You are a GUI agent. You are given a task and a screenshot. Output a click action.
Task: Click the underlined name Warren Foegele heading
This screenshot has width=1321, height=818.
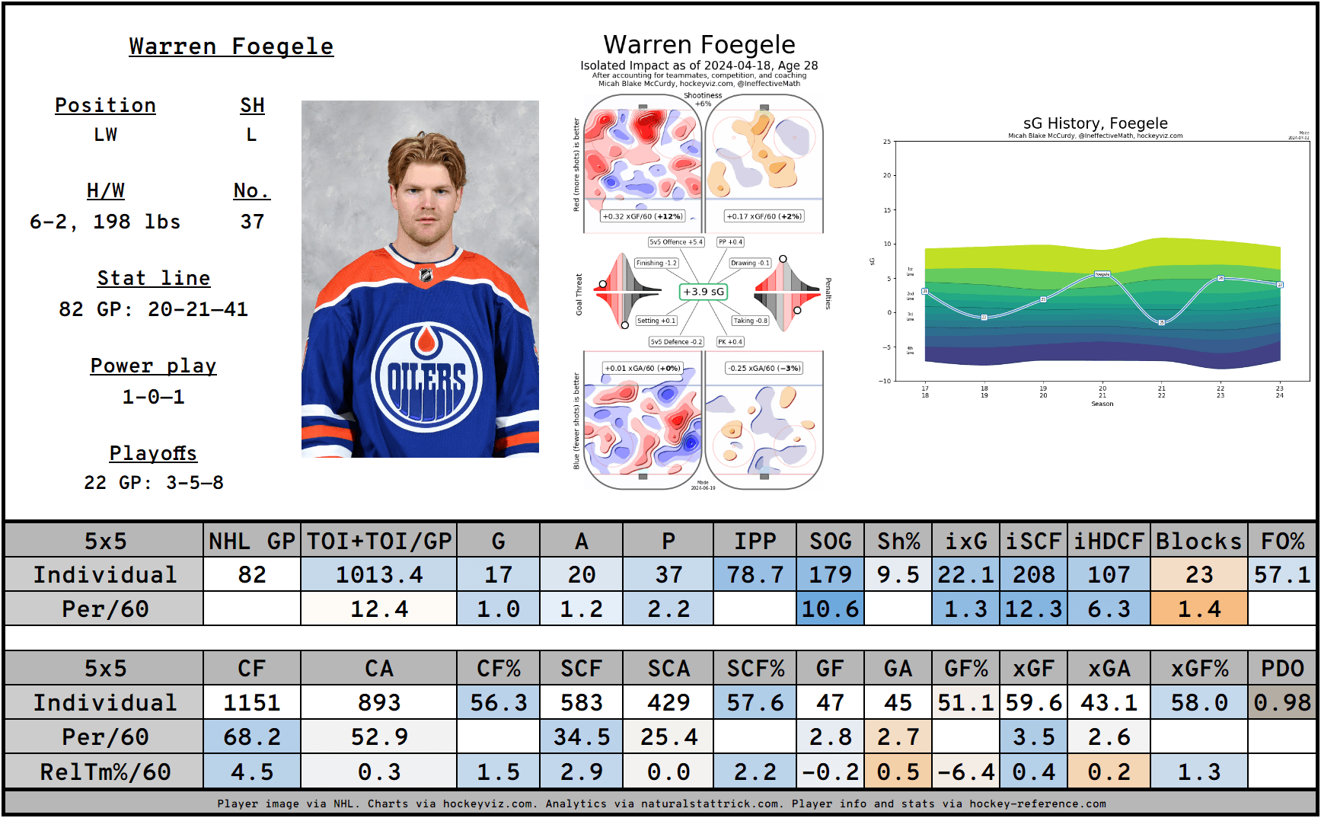point(231,46)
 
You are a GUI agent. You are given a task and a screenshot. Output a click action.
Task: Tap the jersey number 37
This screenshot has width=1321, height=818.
point(252,222)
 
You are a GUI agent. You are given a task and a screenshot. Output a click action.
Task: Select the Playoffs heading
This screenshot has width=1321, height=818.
point(153,454)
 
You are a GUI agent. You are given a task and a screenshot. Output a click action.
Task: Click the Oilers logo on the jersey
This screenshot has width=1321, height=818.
point(426,376)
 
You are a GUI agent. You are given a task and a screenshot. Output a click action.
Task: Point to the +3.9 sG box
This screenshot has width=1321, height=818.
point(703,292)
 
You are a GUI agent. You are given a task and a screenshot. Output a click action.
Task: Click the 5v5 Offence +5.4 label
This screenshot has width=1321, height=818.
point(676,242)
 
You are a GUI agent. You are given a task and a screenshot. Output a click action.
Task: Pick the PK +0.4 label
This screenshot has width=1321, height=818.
point(730,342)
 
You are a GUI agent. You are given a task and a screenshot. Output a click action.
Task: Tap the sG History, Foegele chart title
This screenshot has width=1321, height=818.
point(1095,123)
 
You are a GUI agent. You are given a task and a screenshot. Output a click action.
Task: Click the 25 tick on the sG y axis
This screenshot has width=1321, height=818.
point(887,142)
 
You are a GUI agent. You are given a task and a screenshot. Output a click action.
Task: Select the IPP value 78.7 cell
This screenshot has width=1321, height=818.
point(755,574)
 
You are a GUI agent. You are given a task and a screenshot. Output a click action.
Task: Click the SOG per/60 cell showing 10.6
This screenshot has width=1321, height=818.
point(830,609)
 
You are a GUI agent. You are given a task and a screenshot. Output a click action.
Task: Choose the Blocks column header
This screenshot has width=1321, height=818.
point(1198,541)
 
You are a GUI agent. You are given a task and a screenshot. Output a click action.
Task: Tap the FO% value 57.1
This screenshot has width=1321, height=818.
point(1282,574)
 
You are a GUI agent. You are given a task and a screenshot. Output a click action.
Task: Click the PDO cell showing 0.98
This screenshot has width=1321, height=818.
point(1282,702)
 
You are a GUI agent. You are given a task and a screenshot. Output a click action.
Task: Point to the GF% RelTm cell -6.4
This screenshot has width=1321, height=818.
point(965,772)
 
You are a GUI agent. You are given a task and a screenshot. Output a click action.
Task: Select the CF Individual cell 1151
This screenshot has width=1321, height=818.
point(252,702)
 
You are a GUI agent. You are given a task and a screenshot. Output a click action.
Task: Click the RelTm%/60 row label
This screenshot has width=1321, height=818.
point(105,772)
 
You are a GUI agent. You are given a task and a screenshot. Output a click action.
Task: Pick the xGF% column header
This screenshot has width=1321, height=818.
point(1198,669)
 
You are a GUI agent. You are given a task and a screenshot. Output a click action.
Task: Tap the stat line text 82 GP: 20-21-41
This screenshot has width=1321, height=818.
point(153,309)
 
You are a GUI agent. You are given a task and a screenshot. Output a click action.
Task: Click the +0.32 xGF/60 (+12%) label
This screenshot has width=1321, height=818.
point(643,216)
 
